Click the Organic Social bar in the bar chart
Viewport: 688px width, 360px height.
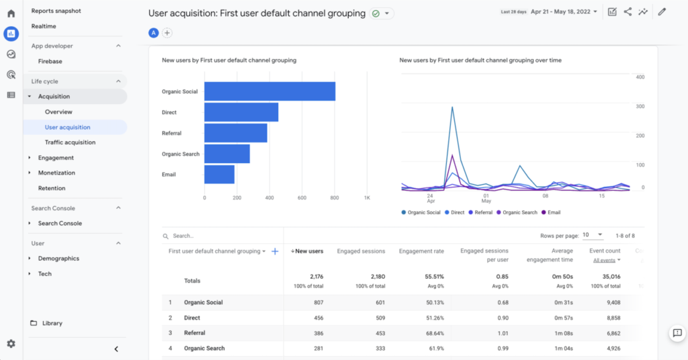coord(269,91)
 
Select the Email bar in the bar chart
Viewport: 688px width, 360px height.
coord(219,175)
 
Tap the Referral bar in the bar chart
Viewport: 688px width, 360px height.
coord(235,133)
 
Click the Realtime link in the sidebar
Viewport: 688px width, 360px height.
coord(44,26)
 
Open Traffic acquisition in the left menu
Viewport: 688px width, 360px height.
coord(70,142)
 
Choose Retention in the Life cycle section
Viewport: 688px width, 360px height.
coord(52,188)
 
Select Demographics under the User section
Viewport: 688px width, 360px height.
coord(58,259)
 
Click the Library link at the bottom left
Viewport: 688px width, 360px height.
coord(52,323)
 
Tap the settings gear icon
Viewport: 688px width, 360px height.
coord(11,344)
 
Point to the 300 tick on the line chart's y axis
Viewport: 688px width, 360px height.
coord(640,106)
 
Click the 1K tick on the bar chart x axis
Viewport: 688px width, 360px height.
coord(367,198)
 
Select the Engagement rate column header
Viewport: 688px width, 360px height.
coord(421,251)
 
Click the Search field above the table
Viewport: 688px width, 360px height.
coord(202,236)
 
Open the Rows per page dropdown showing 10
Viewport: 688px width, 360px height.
coord(592,235)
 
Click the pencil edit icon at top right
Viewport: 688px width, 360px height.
coord(662,11)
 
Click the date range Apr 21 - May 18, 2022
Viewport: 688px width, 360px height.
coord(563,12)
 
